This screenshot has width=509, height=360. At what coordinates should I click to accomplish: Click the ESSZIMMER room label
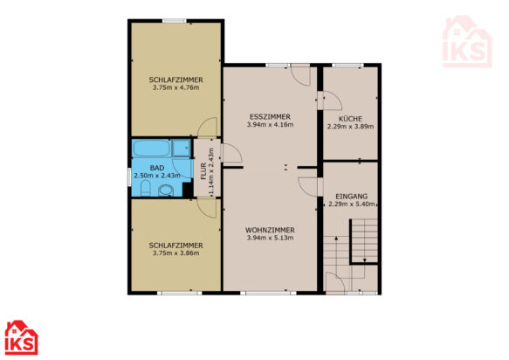pos(270,116)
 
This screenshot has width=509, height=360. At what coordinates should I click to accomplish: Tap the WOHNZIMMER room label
pos(270,230)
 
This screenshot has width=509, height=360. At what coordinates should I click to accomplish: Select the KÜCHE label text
pos(350,119)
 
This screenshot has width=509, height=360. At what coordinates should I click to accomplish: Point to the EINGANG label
pos(352,197)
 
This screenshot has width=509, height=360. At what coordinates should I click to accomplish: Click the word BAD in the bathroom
pos(157,168)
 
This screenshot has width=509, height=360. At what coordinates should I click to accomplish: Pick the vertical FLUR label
pos(203,171)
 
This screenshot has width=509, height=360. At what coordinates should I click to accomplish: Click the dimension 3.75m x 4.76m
pos(176,87)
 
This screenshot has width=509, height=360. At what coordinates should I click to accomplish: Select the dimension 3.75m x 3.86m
pos(176,253)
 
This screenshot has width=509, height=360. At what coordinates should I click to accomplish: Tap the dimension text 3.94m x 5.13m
pos(270,238)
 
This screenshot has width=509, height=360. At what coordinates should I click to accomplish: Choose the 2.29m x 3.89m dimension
pos(350,127)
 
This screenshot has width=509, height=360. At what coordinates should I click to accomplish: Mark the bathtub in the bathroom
pos(151,149)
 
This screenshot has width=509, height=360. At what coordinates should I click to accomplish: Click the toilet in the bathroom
pos(146,189)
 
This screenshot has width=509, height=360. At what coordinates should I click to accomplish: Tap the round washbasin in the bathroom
pos(166,190)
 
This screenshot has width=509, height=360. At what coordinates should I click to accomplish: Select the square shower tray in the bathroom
pos(182,149)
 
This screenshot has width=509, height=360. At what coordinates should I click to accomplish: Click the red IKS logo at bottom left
pos(22,337)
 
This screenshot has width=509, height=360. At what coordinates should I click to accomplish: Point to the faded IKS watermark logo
pos(467,42)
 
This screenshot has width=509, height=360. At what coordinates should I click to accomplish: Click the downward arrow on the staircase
pos(365,260)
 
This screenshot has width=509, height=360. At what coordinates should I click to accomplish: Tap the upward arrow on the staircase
pos(336,239)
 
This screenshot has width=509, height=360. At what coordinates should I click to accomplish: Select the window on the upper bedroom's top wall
pos(175,21)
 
